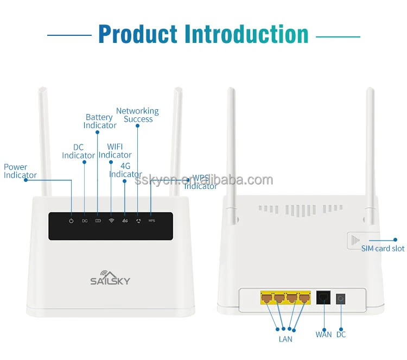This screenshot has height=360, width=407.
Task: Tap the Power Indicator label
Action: click(20, 171)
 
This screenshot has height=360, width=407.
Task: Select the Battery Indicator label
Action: click(99, 121)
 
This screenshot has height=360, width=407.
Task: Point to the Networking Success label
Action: click(137, 115)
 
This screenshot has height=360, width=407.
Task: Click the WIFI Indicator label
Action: click(115, 151)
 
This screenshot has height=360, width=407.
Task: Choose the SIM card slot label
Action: click(383, 249)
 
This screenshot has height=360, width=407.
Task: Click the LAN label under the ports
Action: click(285, 339)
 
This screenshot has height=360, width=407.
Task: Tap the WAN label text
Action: click(323, 334)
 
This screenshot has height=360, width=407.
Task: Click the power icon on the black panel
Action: click(71, 221)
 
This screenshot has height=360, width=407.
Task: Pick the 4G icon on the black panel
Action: click(125, 221)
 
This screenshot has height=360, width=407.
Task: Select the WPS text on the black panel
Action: click(151, 221)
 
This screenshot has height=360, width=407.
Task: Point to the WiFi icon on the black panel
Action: click(111, 221)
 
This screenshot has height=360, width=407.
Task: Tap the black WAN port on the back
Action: click(323, 298)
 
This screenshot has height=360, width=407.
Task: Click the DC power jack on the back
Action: click(341, 298)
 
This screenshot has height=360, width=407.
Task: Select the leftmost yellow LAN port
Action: click(266, 298)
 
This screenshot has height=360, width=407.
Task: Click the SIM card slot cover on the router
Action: click(356, 239)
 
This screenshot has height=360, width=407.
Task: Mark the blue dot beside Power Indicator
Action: click(26, 180)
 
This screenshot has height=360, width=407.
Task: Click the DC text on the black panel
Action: click(85, 221)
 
